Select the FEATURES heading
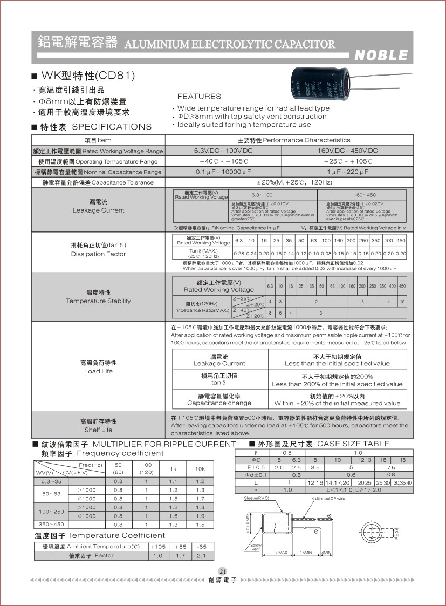(199, 97)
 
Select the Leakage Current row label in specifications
(98, 206)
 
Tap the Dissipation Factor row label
(98, 249)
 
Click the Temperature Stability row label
(98, 297)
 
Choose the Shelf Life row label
(98, 425)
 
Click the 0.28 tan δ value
(238, 253)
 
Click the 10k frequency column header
(200, 469)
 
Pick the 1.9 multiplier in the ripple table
(200, 516)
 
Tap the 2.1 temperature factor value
(201, 555)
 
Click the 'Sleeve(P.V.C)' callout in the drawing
(257, 498)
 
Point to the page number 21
(223, 571)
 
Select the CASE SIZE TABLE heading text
(353, 444)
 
